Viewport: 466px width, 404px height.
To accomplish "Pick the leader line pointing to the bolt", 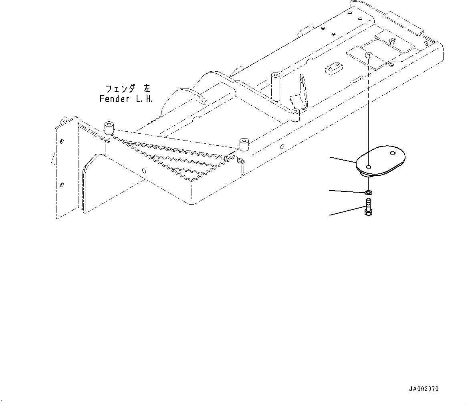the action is pyautogui.click(x=347, y=211).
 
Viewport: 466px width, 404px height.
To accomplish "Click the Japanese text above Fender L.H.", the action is pyautogui.click(x=125, y=88).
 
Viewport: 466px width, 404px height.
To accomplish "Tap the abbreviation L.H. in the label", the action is pyautogui.click(x=144, y=99).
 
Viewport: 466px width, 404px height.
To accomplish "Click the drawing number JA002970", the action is pyautogui.click(x=424, y=389).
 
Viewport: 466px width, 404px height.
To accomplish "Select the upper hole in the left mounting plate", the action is pyautogui.click(x=62, y=141).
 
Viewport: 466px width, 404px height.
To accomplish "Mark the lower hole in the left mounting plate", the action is pyautogui.click(x=62, y=184).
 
